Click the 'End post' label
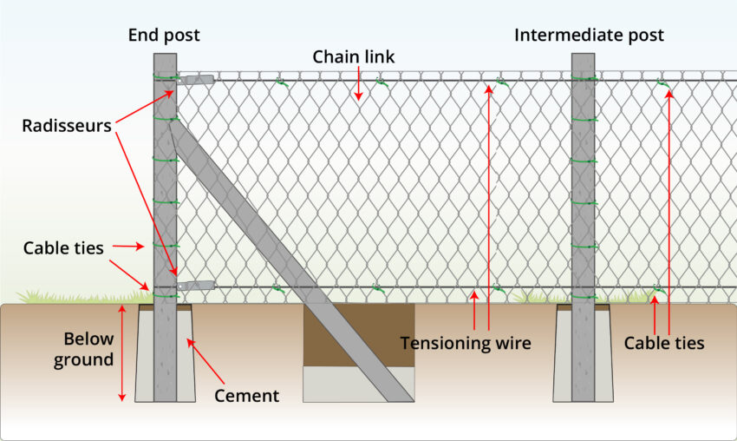(x=164, y=36)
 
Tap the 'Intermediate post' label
(x=589, y=36)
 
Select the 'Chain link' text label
(x=354, y=57)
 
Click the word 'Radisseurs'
(x=67, y=125)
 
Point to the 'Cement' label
(x=247, y=396)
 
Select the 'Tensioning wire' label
(x=465, y=343)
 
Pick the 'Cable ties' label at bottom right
(x=664, y=343)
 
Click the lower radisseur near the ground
(x=196, y=285)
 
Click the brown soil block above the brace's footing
(x=358, y=334)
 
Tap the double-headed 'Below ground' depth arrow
(x=122, y=352)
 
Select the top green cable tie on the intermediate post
(x=584, y=78)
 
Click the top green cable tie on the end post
(x=165, y=77)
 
